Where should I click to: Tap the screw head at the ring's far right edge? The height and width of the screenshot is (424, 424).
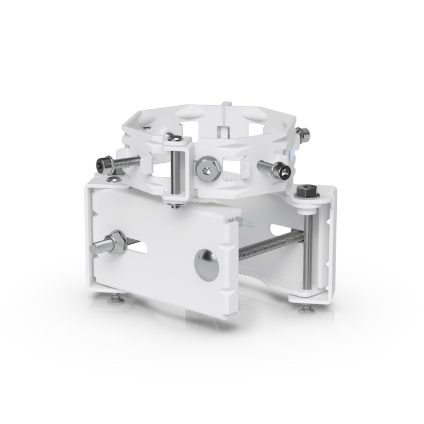(302, 135)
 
